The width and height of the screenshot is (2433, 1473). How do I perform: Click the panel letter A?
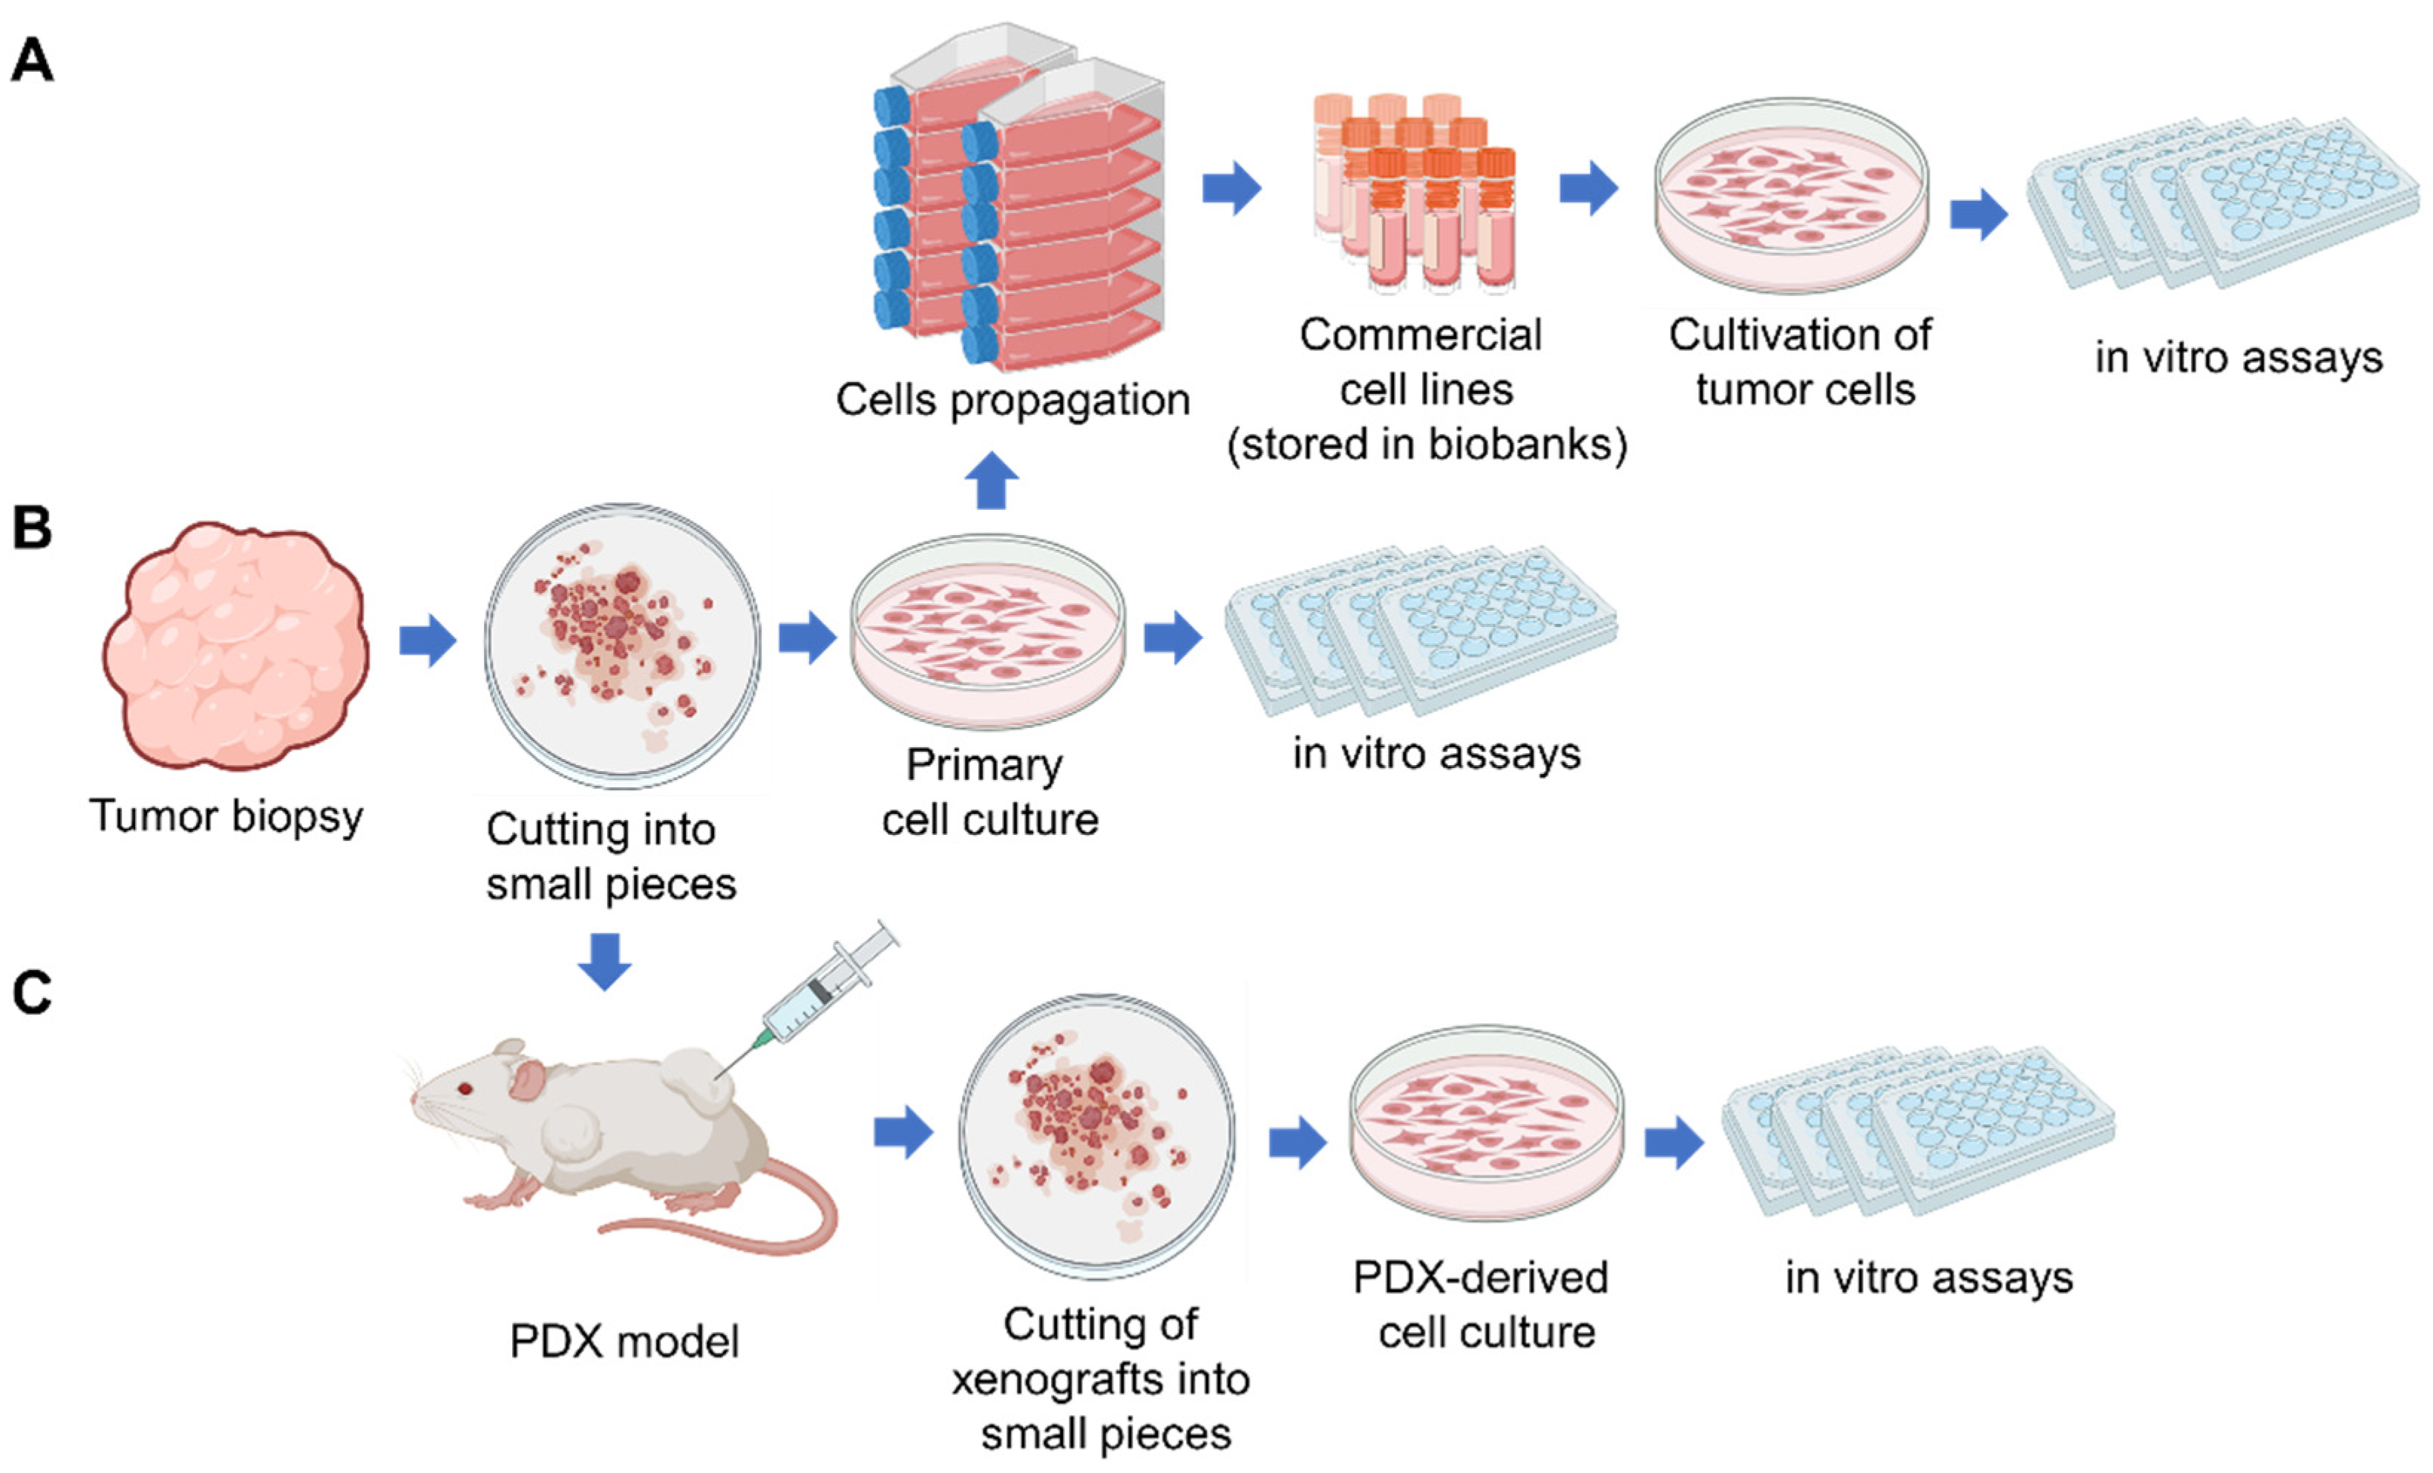point(32,61)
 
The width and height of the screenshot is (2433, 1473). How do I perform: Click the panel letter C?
point(32,992)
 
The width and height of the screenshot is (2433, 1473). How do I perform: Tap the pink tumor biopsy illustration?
point(235,646)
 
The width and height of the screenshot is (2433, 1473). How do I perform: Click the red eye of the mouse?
point(464,1088)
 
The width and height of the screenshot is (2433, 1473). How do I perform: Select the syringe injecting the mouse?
point(819,997)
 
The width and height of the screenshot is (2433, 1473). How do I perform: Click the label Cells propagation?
point(1012,400)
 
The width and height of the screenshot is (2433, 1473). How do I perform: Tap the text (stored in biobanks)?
point(1426,444)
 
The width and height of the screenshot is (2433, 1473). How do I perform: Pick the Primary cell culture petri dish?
point(987,631)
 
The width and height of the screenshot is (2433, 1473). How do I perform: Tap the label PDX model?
point(624,1342)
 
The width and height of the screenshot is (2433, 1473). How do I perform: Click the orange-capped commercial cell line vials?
point(1414,192)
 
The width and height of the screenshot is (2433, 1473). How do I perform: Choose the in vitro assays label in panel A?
point(2239,358)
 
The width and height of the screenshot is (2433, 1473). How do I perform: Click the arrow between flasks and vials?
point(1231,188)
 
